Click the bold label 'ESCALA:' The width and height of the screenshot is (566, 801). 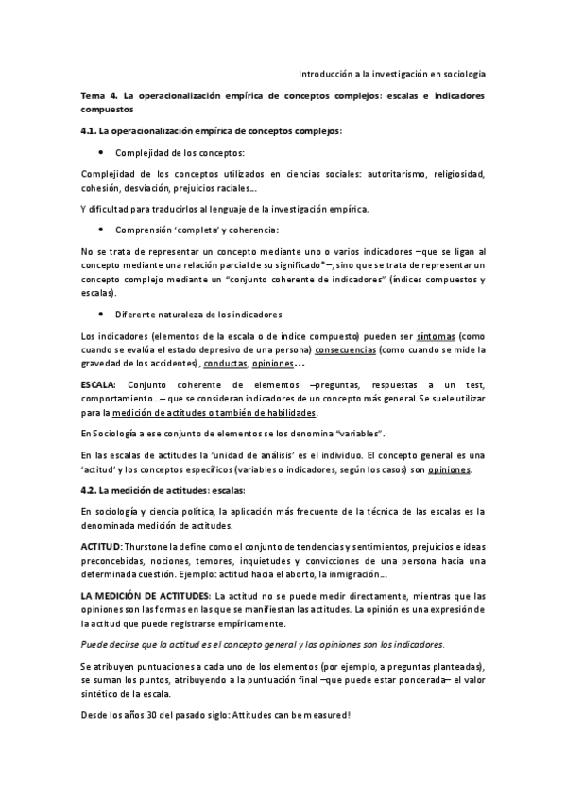[99, 386]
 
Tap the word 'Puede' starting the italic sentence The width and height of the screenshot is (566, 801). [95, 643]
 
